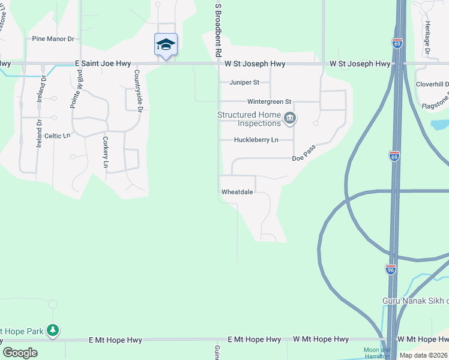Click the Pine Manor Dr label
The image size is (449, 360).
coord(53,39)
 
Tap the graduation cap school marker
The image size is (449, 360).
coord(166,44)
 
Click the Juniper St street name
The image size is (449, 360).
coord(244,82)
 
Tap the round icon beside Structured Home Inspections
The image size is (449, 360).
coord(289,118)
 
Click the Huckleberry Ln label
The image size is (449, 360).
coord(256,140)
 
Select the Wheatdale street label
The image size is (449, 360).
coord(237,192)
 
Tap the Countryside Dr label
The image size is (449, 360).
coord(138,91)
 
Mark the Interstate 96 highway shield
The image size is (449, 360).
coord(391,270)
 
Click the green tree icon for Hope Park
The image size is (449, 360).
coord(53,330)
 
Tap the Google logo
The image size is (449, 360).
coord(20,353)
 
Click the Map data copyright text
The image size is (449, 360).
coord(424,355)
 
